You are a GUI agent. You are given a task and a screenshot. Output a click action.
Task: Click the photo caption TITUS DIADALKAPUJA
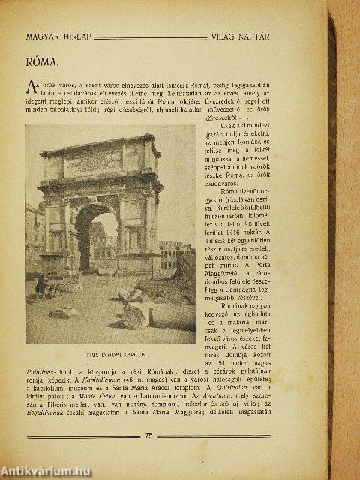tap(109, 347)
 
